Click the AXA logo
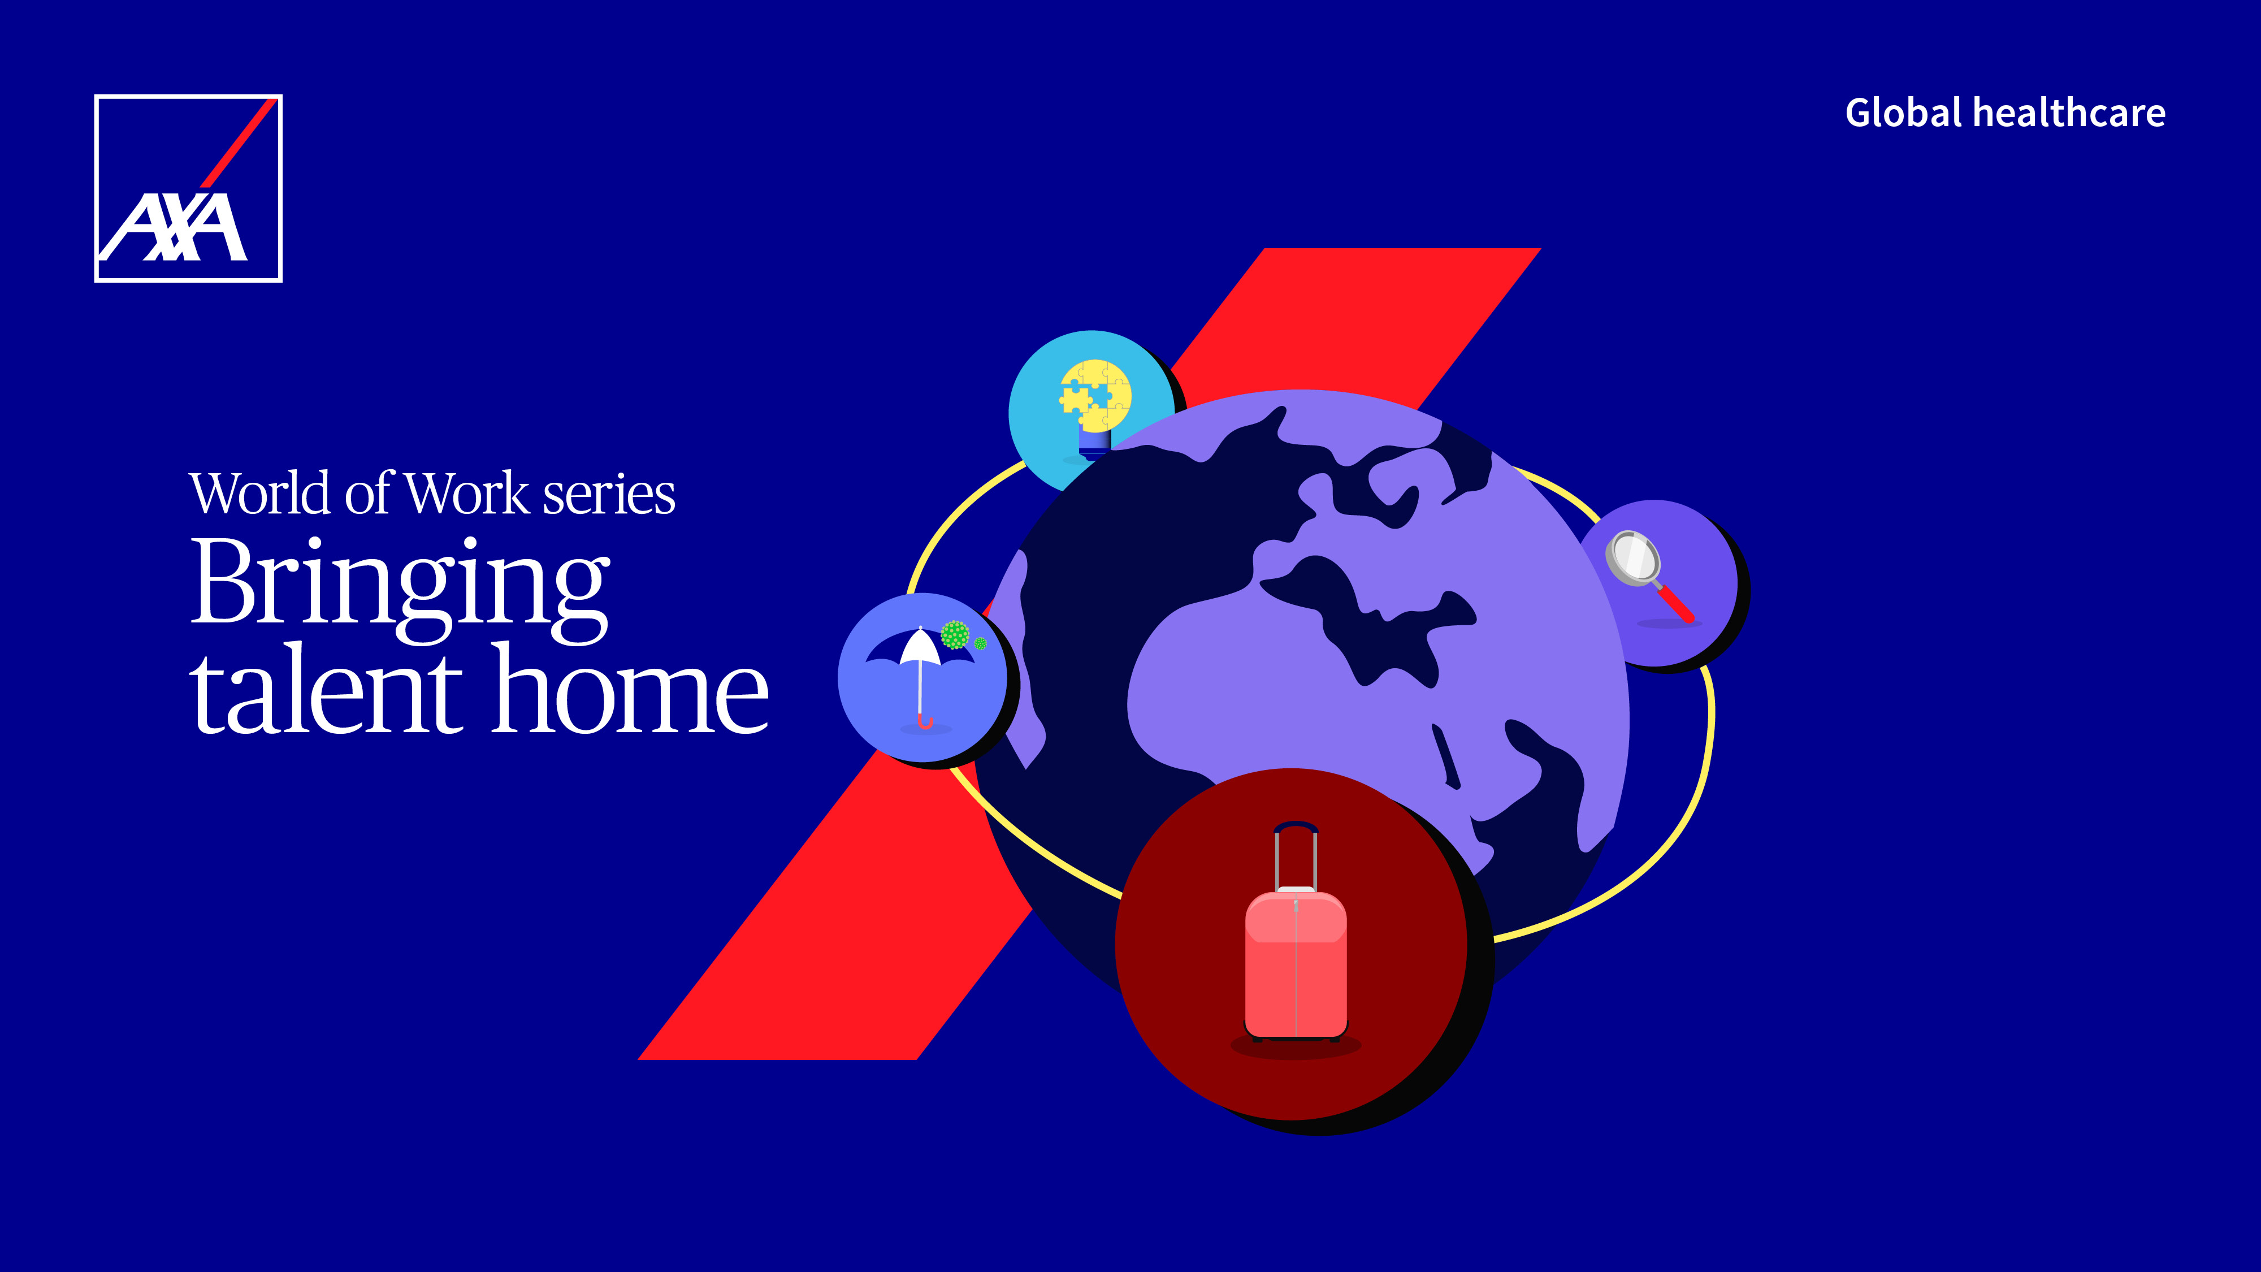click(188, 188)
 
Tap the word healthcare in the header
click(2069, 113)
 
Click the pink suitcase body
click(1296, 965)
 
